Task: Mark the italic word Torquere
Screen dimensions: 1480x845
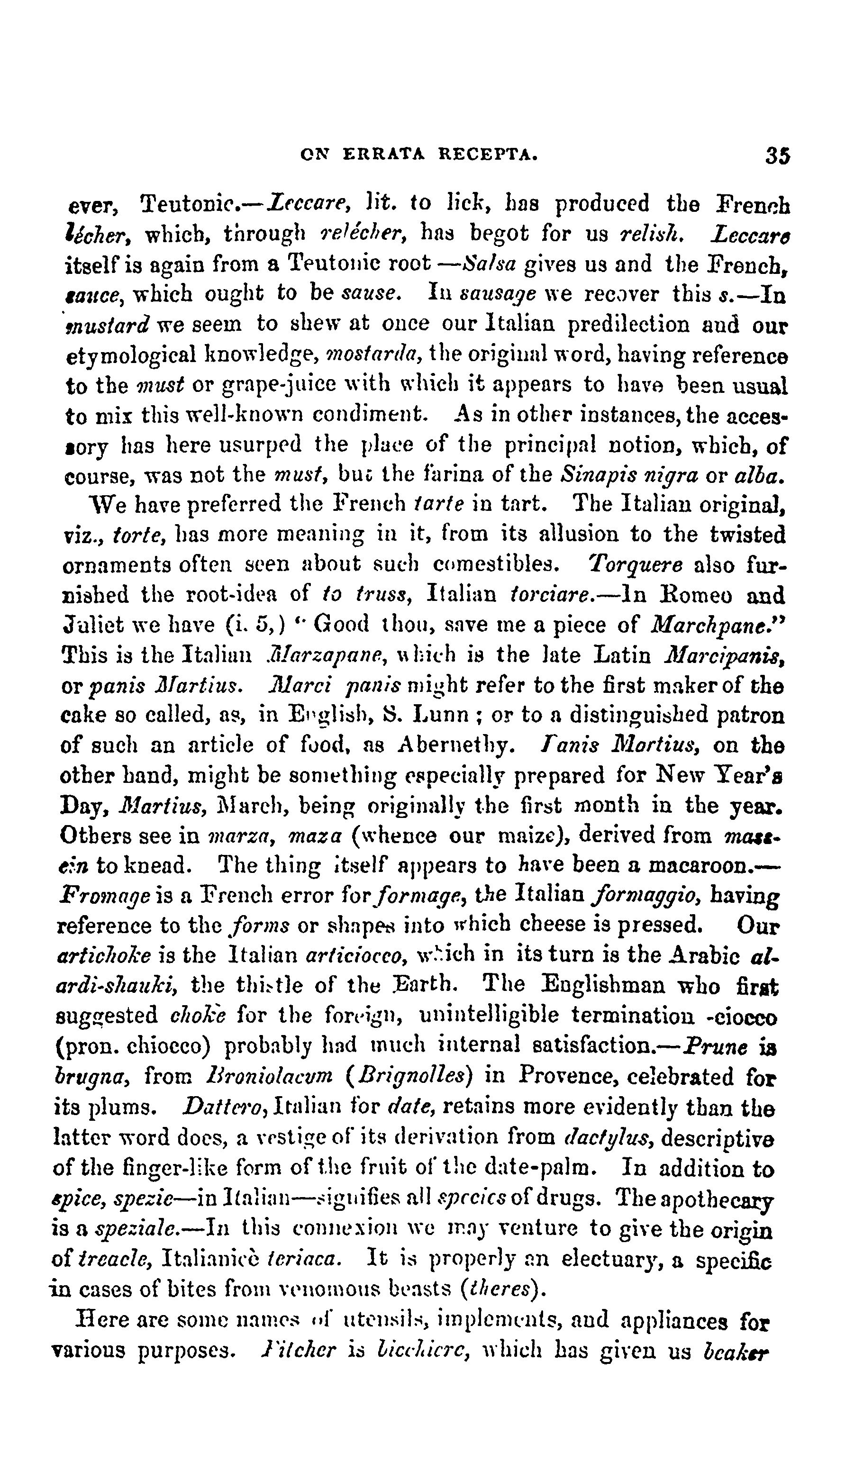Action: tap(635, 564)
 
